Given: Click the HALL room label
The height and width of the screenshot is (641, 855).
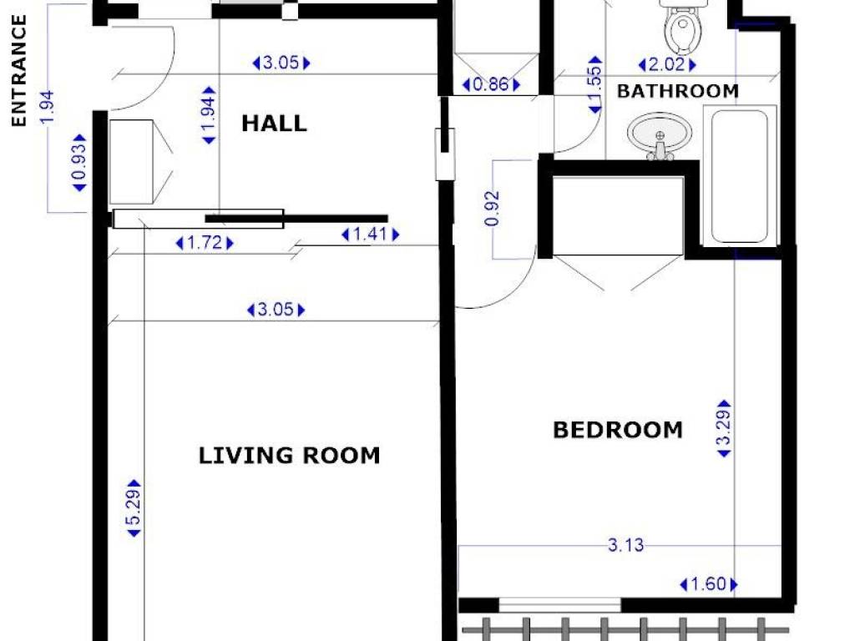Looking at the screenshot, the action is pos(274,124).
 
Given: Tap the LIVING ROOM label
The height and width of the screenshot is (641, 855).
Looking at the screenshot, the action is pos(289,456).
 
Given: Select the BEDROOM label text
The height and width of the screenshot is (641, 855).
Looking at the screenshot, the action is pos(618,430).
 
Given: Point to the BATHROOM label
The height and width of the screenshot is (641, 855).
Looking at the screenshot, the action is pos(678,91).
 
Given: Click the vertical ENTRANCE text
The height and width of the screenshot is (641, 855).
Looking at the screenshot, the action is pos(19,71).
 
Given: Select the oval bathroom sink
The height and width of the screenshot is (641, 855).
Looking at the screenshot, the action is pos(660,135).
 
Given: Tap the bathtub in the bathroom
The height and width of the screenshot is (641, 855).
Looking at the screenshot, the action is pos(740,175).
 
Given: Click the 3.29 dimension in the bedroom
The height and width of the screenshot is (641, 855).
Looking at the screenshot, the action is pos(724,428).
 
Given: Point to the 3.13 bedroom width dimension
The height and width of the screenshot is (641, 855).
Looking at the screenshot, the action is pos(625,545).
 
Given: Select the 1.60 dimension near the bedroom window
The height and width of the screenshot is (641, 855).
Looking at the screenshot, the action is pos(708,584).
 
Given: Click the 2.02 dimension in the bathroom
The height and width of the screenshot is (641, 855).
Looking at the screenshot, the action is pos(667,65).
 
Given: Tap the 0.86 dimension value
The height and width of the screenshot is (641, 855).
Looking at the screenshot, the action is pos(491,84).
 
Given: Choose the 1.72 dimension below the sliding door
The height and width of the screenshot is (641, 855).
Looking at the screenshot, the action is pos(205,243).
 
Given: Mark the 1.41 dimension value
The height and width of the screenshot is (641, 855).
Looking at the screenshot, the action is pos(370,235).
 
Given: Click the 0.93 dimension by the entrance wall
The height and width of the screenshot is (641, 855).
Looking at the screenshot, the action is pos(79,163).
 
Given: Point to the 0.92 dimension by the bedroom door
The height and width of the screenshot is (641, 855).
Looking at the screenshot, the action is pos(492,208).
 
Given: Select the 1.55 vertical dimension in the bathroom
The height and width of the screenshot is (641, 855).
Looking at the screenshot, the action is pos(594,85).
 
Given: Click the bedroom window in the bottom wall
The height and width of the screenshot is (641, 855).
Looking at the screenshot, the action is pos(560,605).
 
